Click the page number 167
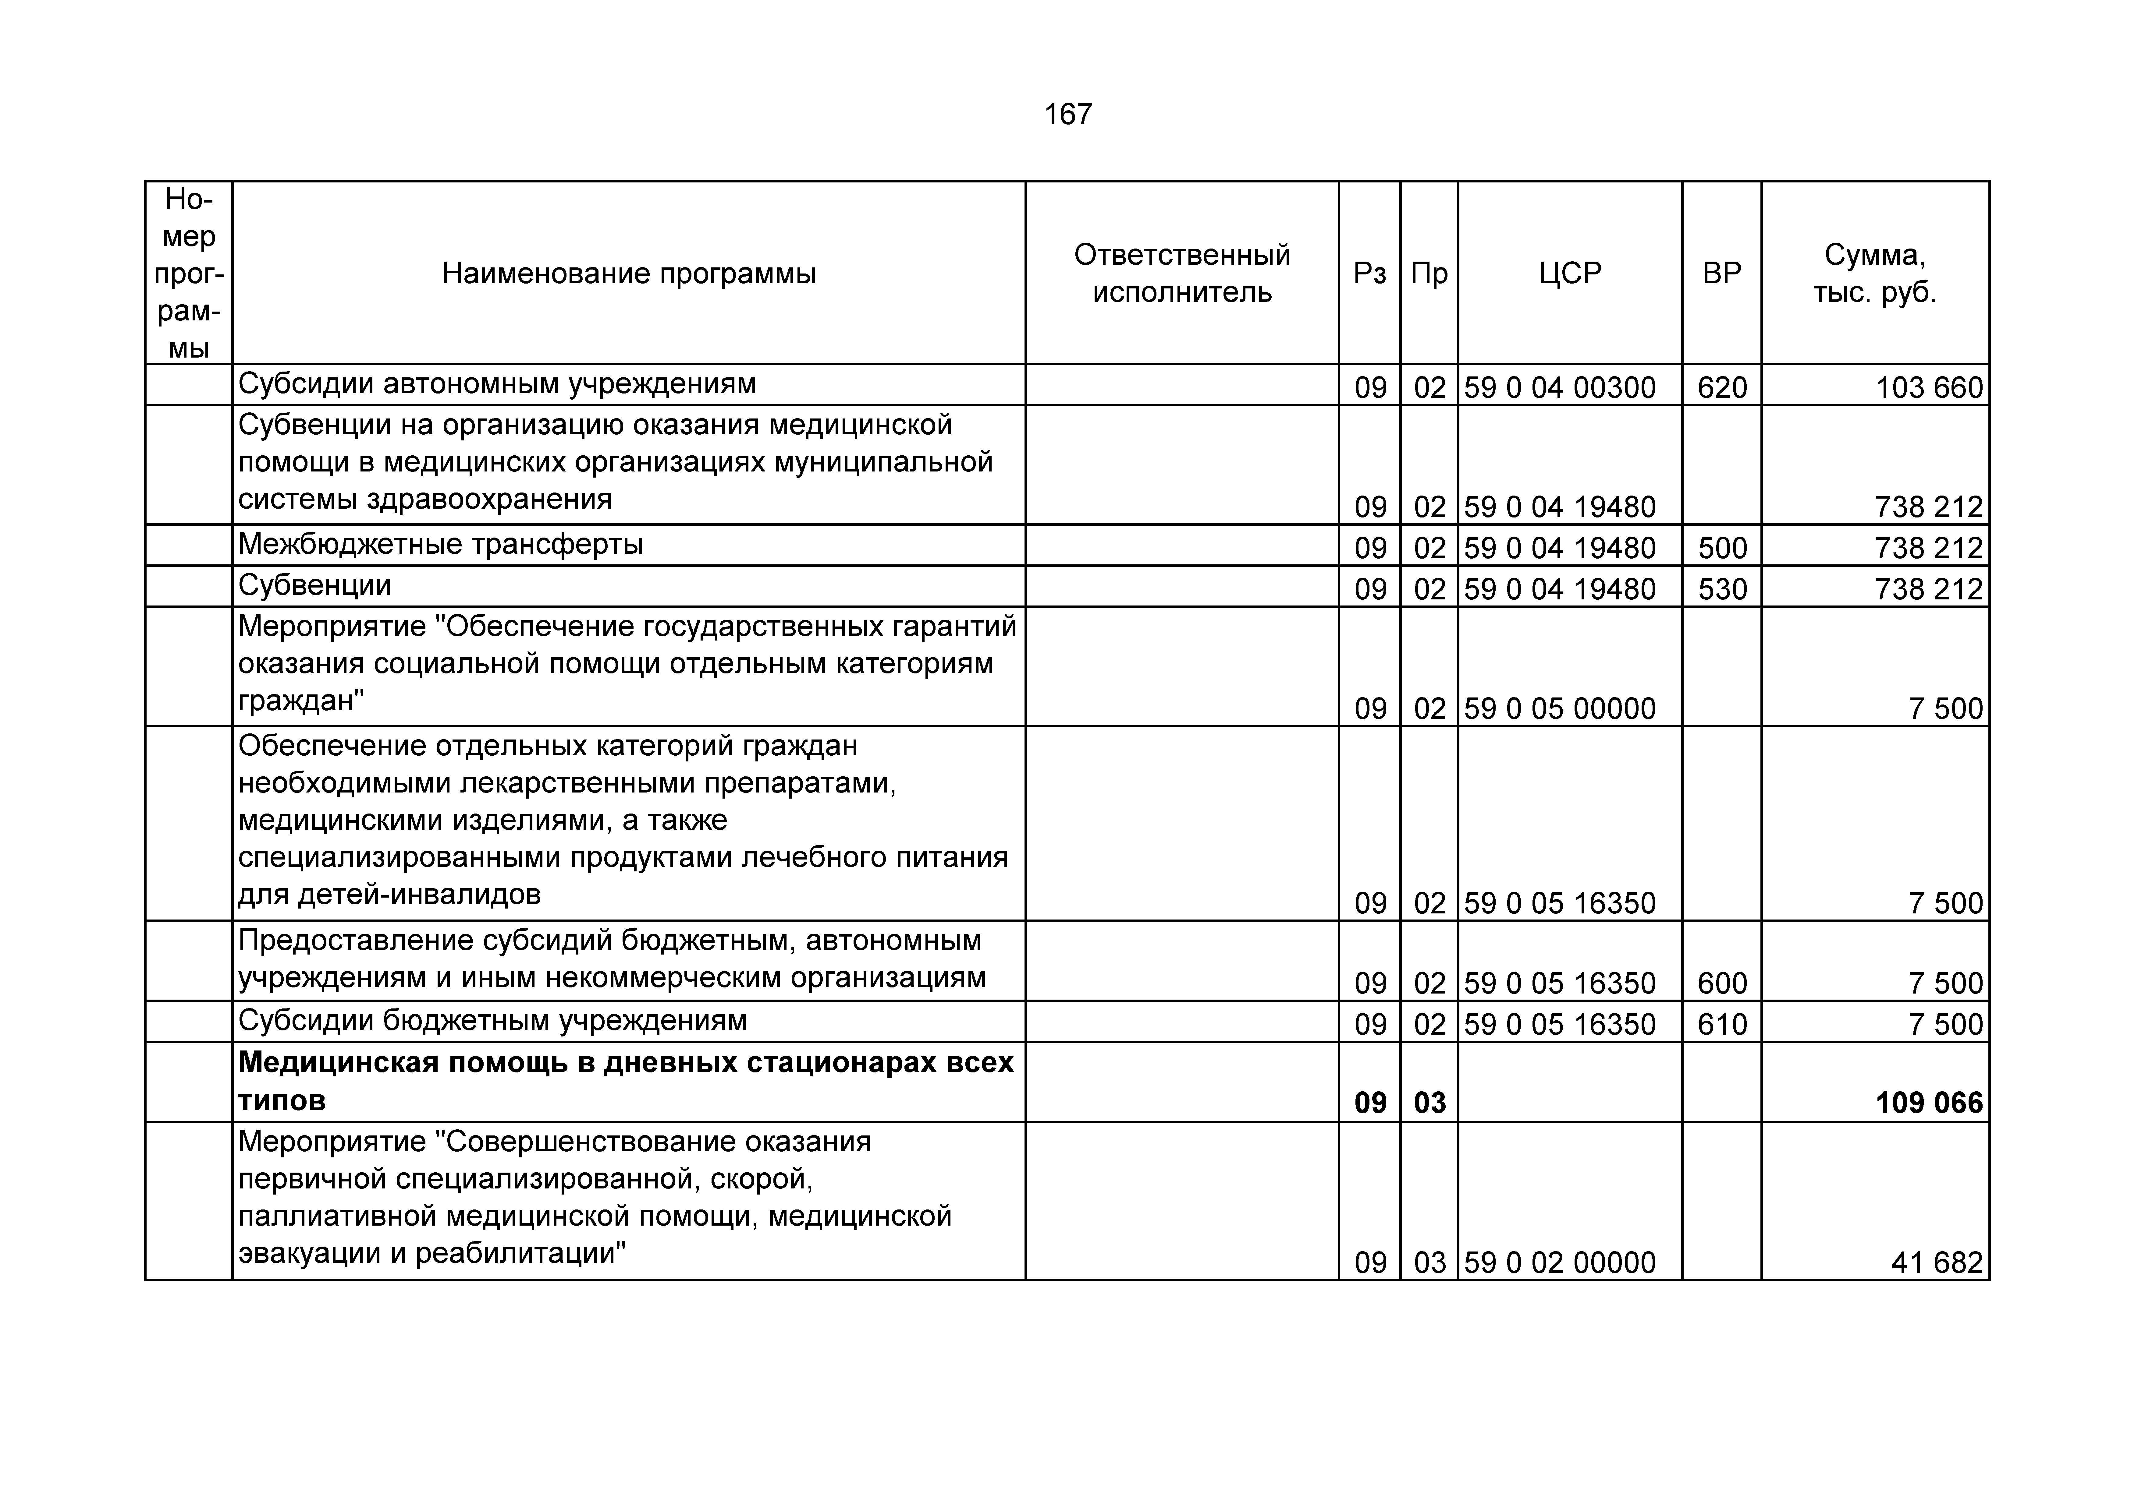(1068, 115)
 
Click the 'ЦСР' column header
(1570, 274)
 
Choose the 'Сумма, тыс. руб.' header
(1874, 274)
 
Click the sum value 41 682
(1937, 1262)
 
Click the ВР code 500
(1722, 547)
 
